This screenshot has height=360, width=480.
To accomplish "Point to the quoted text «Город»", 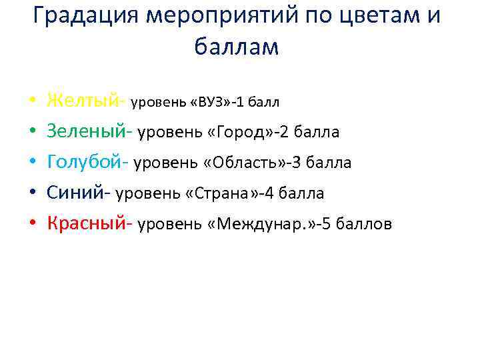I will click(x=239, y=133).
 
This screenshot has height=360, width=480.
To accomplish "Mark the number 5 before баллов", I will click(x=328, y=225).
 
